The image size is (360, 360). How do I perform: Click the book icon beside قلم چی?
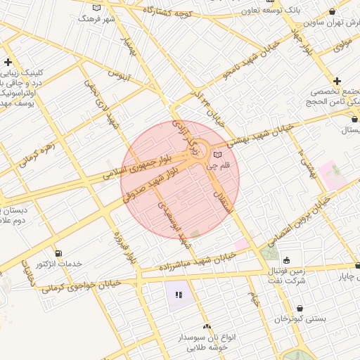click(217, 154)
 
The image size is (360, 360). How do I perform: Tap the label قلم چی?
click(219, 166)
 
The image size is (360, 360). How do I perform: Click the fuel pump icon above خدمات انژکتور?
click(58, 252)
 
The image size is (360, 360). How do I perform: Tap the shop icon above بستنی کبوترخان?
click(300, 307)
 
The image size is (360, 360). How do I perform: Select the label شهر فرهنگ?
click(98, 18)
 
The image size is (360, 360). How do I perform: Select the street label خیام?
click(254, 298)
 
